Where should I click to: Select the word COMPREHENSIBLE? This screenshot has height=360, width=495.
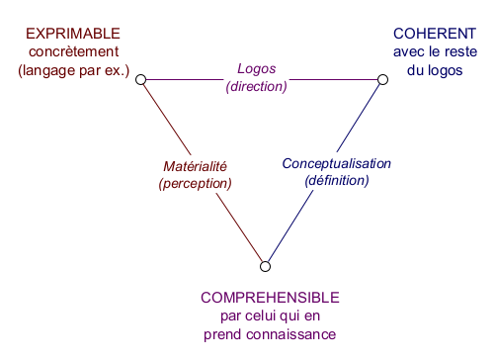pyautogui.click(x=270, y=298)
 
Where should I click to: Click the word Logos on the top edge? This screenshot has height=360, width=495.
pyautogui.click(x=257, y=69)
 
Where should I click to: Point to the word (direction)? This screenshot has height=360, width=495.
pyautogui.click(x=257, y=86)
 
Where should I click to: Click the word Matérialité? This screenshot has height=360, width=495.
pyautogui.click(x=195, y=166)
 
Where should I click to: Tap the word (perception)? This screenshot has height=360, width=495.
pyautogui.click(x=195, y=183)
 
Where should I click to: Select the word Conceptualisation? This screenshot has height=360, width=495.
pyautogui.click(x=337, y=163)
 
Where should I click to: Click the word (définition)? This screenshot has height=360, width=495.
pyautogui.click(x=337, y=180)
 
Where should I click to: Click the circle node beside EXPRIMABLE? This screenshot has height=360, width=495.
pyautogui.click(x=141, y=78)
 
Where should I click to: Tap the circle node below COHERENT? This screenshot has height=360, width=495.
pyautogui.click(x=381, y=78)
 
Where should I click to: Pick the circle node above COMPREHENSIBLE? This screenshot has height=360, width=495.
pyautogui.click(x=265, y=264)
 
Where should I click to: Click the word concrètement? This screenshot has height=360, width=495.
pyautogui.click(x=72, y=51)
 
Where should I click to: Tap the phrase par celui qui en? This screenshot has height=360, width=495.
pyautogui.click(x=270, y=316)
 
